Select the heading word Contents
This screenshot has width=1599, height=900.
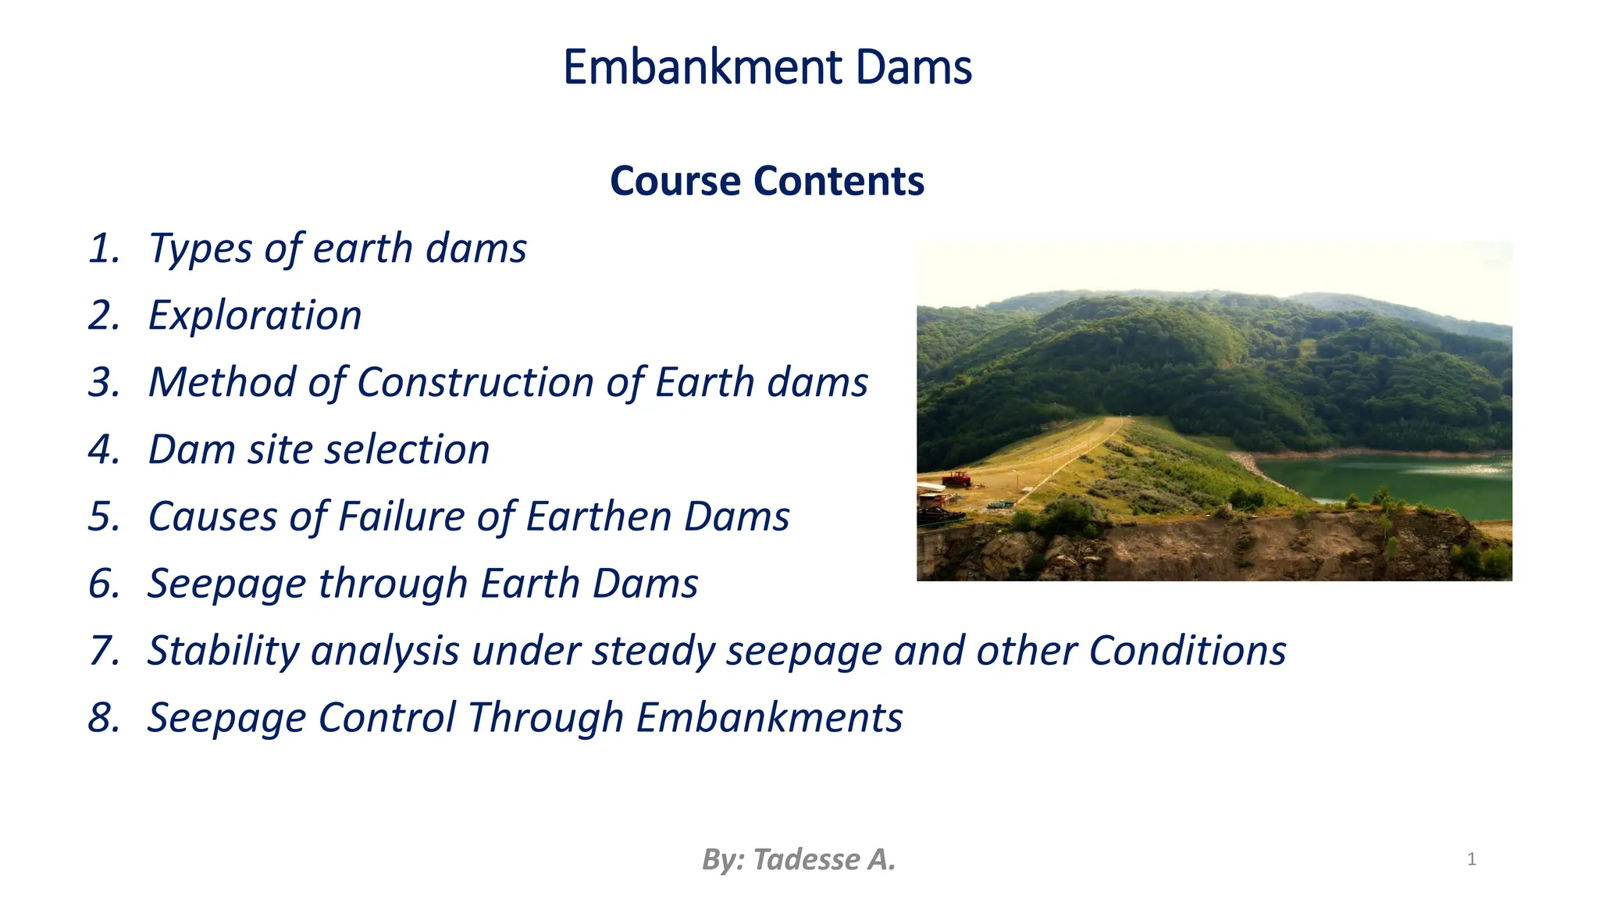[839, 181]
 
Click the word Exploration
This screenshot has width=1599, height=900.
[255, 316]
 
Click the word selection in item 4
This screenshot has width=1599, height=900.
[407, 450]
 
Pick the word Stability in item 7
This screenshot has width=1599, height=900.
[223, 652]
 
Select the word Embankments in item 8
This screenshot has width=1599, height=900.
[769, 718]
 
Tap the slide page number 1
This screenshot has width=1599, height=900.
[1471, 859]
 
